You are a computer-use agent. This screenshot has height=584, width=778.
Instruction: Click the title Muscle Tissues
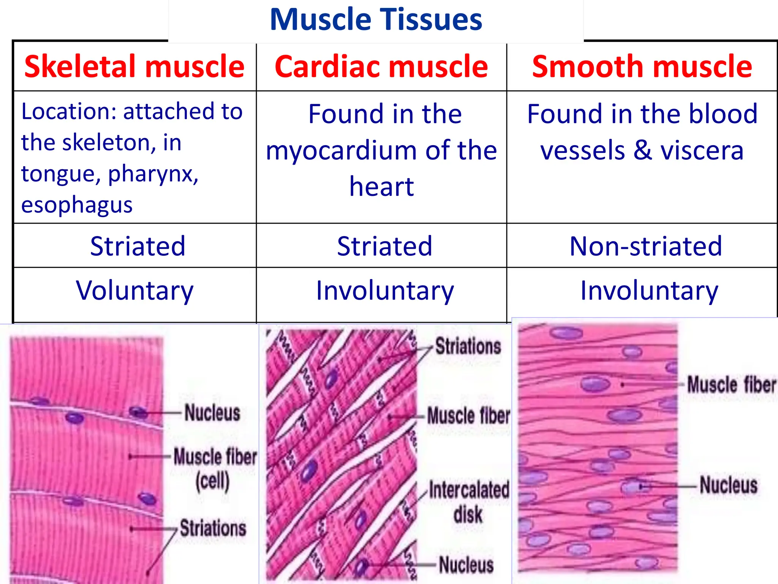376,20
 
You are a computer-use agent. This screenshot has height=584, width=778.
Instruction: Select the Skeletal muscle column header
134,67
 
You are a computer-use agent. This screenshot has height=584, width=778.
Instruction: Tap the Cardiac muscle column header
381,67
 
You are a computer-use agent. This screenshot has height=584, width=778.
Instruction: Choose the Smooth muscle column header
642,67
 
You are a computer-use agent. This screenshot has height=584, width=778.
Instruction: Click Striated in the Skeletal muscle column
138,246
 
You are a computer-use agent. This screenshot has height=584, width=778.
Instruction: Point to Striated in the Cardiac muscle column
384,246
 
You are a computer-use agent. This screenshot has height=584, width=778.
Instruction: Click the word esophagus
77,205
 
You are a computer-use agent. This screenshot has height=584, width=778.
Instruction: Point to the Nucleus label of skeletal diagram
212,413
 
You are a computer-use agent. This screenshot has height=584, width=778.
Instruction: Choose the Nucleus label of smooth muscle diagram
729,485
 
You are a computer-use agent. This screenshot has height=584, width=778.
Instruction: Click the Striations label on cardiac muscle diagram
468,346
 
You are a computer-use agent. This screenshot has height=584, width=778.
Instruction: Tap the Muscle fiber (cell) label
215,468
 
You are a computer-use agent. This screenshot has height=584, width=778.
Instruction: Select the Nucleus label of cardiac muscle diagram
466,565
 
